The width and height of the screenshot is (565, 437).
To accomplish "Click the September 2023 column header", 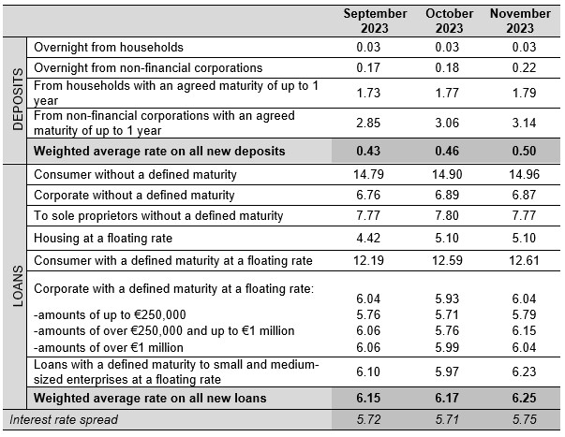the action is [x=375, y=21].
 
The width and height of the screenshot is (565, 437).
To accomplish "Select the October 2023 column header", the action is [x=449, y=21].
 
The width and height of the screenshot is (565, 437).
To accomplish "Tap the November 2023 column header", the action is [x=520, y=21].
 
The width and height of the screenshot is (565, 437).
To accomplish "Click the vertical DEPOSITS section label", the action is [x=17, y=99].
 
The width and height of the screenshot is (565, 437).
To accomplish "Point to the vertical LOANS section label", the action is [x=17, y=286].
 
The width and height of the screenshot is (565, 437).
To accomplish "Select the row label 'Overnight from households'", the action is [x=109, y=47].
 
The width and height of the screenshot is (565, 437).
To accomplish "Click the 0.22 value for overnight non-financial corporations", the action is [x=524, y=67].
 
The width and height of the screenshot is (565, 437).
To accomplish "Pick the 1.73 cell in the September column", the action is [x=368, y=93].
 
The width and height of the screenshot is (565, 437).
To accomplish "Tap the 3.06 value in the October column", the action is [x=447, y=123].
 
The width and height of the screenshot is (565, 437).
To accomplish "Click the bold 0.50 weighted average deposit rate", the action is [x=524, y=151].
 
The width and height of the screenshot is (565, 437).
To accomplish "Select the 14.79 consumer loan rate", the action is [x=368, y=175].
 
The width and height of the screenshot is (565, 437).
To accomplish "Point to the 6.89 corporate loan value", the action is [x=447, y=195].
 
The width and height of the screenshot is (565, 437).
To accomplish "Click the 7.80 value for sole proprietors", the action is [x=447, y=215].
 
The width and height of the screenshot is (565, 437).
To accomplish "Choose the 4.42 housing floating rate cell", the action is [x=368, y=238].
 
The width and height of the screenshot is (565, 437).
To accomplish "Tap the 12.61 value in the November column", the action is [x=524, y=260].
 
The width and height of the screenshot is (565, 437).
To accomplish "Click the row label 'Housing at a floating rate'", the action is [x=103, y=239].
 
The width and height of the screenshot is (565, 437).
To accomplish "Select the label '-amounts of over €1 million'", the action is [x=109, y=347].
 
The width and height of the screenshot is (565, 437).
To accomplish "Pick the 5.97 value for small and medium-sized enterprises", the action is [x=447, y=371].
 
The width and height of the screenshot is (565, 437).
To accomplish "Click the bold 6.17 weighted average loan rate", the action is [x=447, y=398].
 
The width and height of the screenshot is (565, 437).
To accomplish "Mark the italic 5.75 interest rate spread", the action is [x=524, y=419].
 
